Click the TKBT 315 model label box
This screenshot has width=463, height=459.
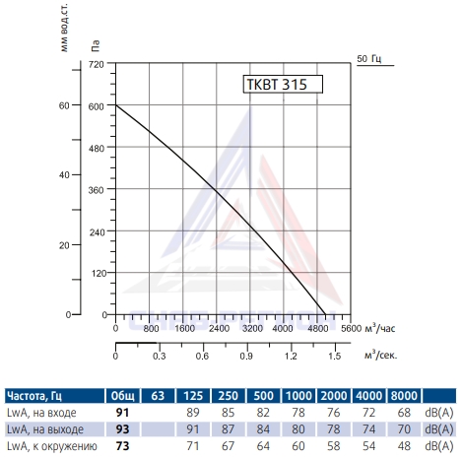(283, 85)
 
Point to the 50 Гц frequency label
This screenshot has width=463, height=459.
(369, 59)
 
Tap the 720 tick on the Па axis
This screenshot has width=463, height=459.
(97, 64)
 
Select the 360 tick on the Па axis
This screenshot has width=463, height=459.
(97, 190)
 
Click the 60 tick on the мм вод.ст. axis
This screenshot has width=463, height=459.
(64, 105)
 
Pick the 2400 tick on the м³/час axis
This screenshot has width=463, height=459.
(219, 328)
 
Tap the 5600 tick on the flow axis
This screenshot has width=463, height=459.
(351, 328)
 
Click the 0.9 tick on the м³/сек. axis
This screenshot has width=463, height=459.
(246, 357)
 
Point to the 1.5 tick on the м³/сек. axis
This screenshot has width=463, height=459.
(335, 357)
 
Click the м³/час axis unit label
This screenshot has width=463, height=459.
(380, 328)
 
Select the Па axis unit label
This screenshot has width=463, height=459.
(95, 46)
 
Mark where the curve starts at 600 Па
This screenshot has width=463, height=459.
(116, 105)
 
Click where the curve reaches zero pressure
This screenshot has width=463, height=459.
(325, 314)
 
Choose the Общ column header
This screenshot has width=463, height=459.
(122, 396)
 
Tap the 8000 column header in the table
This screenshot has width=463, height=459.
(404, 396)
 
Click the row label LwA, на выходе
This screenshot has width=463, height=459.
(45, 429)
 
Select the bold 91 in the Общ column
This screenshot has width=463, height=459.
(122, 413)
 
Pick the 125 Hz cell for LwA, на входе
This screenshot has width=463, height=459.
(193, 413)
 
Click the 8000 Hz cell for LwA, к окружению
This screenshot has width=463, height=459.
(404, 446)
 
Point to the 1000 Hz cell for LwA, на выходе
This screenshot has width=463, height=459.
(298, 429)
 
